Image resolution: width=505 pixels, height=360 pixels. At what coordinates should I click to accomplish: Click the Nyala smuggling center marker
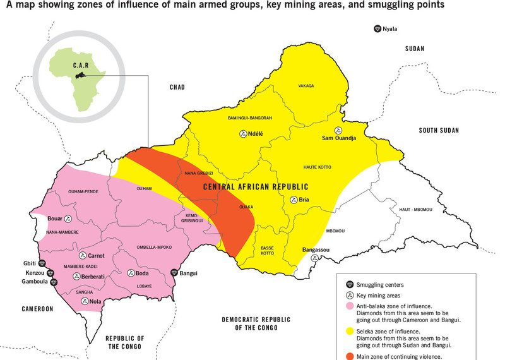377,29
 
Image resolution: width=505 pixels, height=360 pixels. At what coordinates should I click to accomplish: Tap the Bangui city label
190,273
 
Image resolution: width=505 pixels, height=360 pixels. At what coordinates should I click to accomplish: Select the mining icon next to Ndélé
243,134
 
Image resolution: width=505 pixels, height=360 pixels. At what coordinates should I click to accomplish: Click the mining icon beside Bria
294,200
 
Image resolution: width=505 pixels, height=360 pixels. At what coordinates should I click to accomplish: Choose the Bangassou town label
316,251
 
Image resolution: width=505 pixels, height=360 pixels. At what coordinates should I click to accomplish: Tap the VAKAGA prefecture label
306,86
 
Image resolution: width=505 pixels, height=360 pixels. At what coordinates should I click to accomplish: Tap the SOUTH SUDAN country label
439,130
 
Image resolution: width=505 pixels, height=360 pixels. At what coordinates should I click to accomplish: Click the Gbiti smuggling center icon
42,263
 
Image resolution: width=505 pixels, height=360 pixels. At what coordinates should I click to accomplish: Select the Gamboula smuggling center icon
54,282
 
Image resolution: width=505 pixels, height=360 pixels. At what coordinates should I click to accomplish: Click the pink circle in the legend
349,306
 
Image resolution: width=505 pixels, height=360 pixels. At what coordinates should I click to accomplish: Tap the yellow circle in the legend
349,331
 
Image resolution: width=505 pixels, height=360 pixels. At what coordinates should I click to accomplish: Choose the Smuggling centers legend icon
349,285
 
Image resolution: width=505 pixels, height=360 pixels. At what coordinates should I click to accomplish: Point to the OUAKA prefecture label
246,206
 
